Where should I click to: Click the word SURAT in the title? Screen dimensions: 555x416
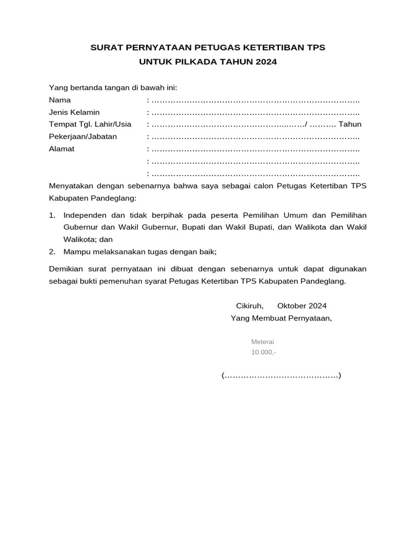click(106, 48)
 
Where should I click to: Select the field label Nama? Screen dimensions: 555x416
click(60, 100)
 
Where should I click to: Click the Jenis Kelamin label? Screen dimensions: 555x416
click(74, 112)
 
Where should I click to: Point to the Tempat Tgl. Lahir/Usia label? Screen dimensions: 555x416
click(90, 125)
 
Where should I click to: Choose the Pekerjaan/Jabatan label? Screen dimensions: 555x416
click(83, 137)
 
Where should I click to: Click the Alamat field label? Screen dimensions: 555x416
click(62, 149)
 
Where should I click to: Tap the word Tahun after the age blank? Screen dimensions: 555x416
click(350, 125)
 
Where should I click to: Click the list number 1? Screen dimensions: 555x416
click(52, 215)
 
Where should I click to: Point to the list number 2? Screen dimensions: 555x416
click(52, 251)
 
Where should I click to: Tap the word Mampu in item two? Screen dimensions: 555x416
click(75, 251)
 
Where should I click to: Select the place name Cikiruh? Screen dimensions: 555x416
click(249, 306)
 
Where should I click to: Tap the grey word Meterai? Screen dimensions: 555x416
click(263, 342)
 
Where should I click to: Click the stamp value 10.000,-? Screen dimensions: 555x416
click(263, 352)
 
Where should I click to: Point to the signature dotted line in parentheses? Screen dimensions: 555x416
click(281, 376)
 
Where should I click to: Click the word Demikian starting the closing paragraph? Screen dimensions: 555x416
click(67, 269)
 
